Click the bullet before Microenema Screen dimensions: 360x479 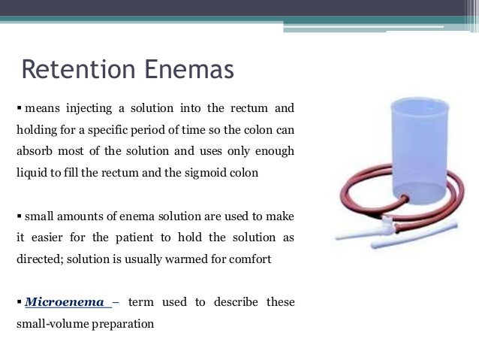[x=19, y=302]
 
